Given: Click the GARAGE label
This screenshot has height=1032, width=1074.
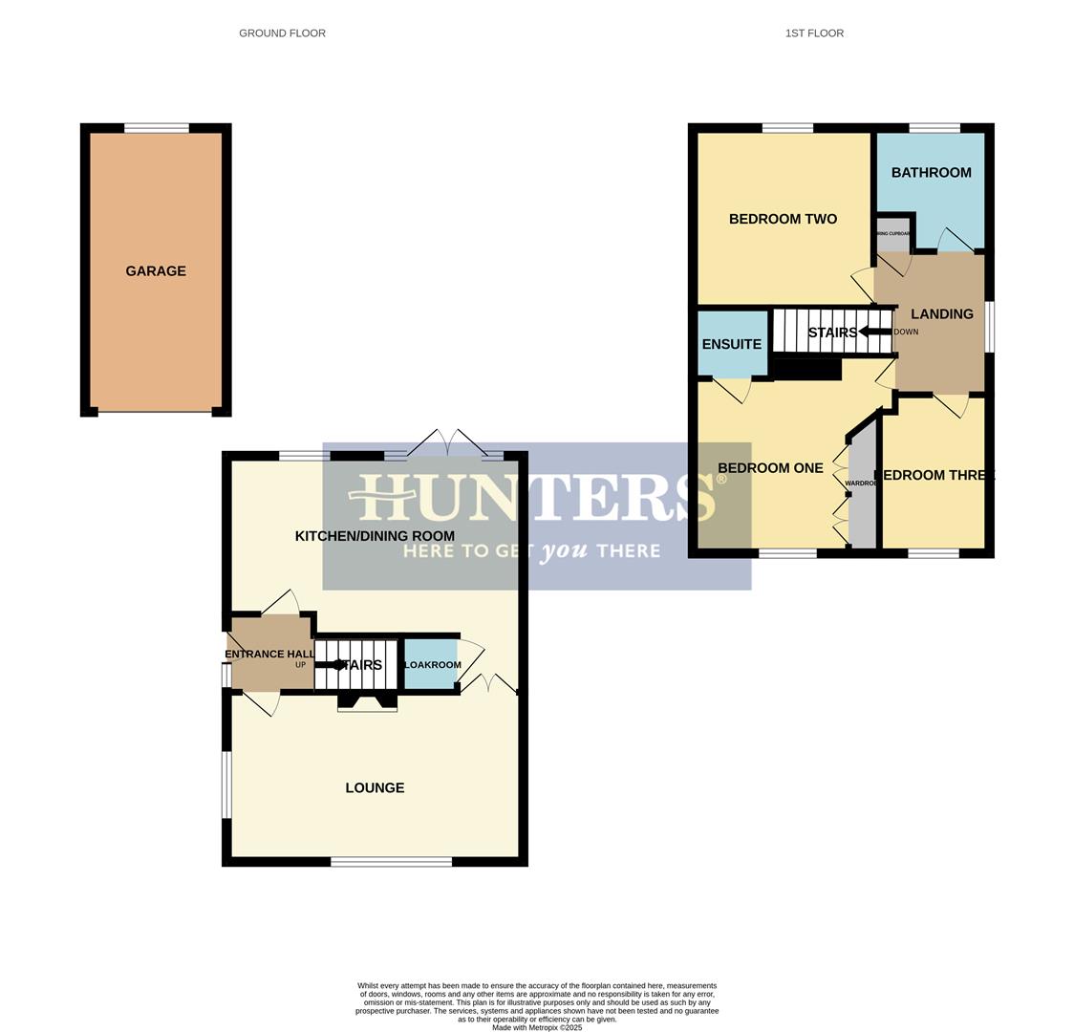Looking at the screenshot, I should coord(156,271).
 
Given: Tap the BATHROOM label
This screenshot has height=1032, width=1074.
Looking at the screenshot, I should coord(931,173).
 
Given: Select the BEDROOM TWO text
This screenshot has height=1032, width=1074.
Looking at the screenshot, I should coord(783,220).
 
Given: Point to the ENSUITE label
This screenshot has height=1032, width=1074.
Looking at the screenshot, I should coord(731,345).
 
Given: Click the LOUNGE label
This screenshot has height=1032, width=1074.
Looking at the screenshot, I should coord(375,788).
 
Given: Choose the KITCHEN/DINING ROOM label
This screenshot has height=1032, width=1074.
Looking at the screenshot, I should coord(375,536).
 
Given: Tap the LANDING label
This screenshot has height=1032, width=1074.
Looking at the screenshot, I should coord(941,314).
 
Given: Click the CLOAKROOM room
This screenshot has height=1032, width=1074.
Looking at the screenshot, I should coord(431,665).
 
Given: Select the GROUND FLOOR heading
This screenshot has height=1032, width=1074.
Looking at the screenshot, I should coord(282,33).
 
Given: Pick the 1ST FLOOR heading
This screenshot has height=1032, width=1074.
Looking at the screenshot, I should coord(814,33).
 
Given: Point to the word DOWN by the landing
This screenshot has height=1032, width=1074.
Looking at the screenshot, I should coord(906,333).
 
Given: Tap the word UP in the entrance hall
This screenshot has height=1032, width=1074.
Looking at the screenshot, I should coord(300,665).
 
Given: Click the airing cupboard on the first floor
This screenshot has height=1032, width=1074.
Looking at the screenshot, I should coord(893,235).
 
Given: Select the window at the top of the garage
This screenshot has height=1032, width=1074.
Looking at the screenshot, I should coord(157,128).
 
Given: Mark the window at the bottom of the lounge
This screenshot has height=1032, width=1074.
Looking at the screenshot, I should coord(391,862).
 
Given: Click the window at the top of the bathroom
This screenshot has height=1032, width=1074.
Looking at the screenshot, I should coord(934,128).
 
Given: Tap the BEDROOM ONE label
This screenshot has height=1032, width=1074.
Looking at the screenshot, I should coord(770,469).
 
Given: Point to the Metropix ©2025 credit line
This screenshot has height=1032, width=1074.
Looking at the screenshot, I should coord(536,1027).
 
